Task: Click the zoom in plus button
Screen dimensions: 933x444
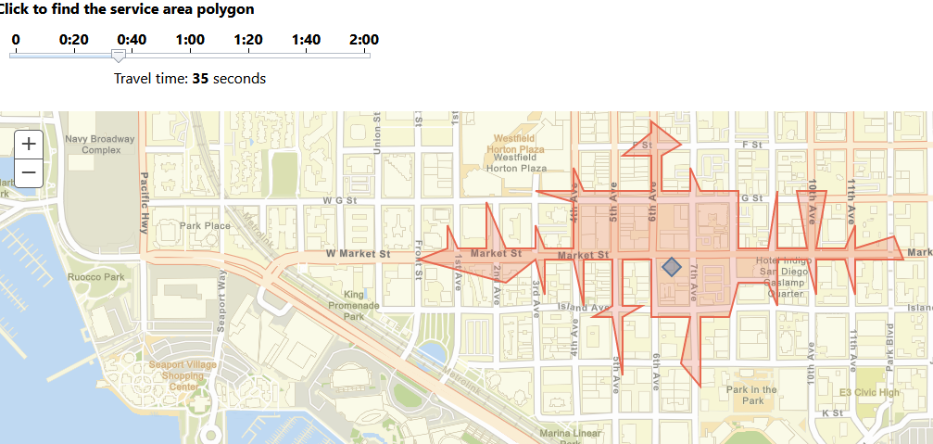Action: click(x=29, y=144)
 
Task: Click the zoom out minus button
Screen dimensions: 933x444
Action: click(x=29, y=172)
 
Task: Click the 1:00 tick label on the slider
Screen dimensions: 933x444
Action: click(x=190, y=40)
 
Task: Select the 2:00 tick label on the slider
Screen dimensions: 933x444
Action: click(x=364, y=40)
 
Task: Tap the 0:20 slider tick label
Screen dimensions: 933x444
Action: click(x=74, y=40)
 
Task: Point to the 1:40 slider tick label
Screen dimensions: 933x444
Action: click(x=306, y=40)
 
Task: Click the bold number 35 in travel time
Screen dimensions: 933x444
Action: click(x=200, y=79)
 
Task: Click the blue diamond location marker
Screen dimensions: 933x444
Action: click(x=672, y=267)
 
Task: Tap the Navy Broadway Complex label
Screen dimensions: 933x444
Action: click(x=100, y=145)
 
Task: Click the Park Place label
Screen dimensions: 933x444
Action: click(x=205, y=225)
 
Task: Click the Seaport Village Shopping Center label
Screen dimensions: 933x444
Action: click(x=183, y=374)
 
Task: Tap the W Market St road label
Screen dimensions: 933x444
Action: click(x=358, y=253)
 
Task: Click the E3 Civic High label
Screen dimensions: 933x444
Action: click(x=869, y=392)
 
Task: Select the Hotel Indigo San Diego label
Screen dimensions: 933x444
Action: click(x=783, y=266)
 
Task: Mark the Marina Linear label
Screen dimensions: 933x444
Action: click(x=570, y=433)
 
